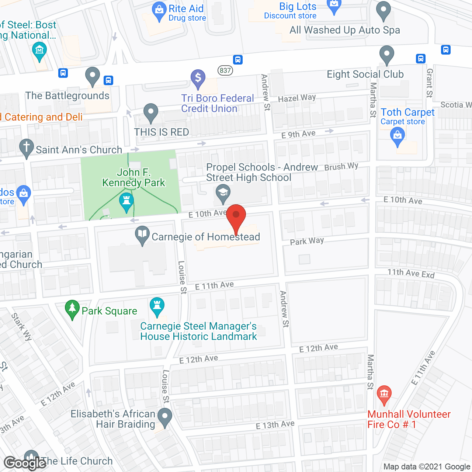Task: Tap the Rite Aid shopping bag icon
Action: (x=159, y=11)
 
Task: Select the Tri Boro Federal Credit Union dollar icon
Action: (x=198, y=78)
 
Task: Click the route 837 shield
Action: (x=225, y=70)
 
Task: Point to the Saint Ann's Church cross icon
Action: (x=26, y=148)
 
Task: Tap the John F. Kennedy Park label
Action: (x=133, y=177)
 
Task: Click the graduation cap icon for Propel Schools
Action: (x=223, y=193)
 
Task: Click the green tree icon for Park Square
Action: (x=72, y=309)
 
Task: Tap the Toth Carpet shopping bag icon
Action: (x=398, y=135)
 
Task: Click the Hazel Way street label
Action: (x=297, y=98)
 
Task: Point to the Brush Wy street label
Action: (x=341, y=167)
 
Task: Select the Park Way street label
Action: (x=307, y=241)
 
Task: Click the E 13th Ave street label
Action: (x=275, y=425)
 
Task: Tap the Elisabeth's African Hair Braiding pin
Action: (x=165, y=417)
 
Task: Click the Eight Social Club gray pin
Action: (x=386, y=54)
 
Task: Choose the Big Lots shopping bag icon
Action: (x=334, y=6)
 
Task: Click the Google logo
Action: (x=25, y=463)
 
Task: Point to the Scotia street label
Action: (x=456, y=105)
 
